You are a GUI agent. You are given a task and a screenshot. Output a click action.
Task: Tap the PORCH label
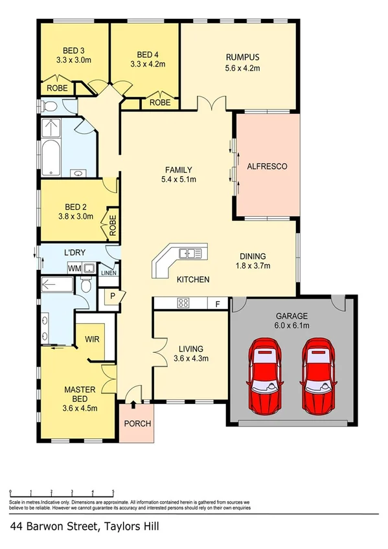tap(137, 424)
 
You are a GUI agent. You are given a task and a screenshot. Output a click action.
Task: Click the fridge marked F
tap(217, 302)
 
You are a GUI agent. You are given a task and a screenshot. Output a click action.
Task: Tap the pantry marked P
tap(111, 297)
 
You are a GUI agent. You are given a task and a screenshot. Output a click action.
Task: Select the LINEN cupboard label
tap(108, 273)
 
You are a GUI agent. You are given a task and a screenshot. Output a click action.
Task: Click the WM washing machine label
tap(73, 267)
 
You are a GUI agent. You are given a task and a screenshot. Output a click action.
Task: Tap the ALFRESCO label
tap(267, 166)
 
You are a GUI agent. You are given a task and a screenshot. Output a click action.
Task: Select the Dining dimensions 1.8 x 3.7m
tap(253, 265)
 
